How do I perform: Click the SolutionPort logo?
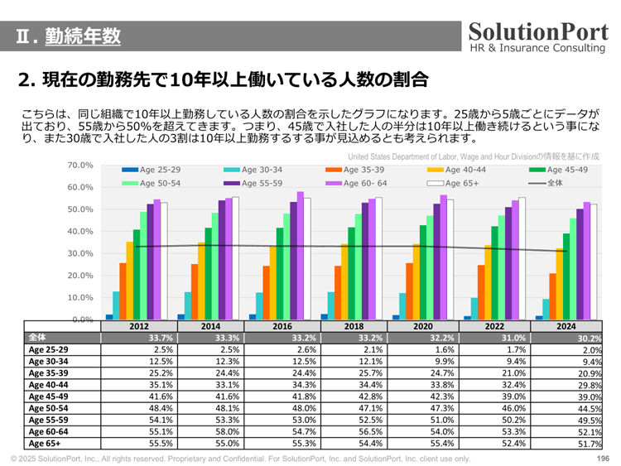[538, 37]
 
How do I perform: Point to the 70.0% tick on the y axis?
[79, 166]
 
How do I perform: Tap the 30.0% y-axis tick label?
[79, 253]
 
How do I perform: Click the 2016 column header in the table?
[282, 326]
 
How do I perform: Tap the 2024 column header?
[566, 326]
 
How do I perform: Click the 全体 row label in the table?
[38, 338]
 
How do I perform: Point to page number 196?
[602, 459]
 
